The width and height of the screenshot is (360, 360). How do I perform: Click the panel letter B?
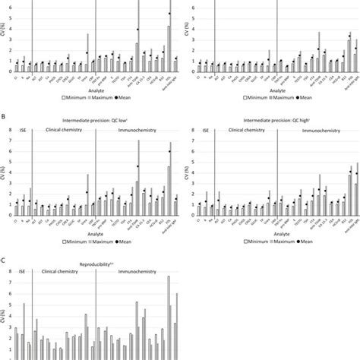pos(5,116)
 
